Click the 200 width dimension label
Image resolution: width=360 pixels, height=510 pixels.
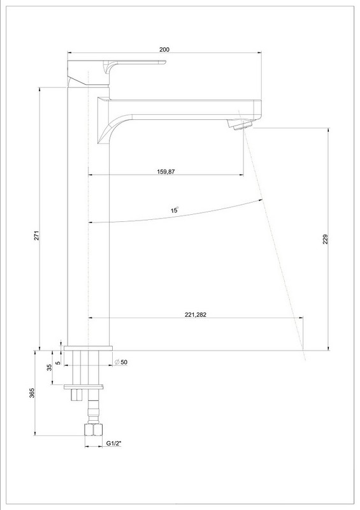[164, 50]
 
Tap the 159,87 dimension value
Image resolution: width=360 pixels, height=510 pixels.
[166, 171]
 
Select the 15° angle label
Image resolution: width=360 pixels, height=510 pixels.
[175, 210]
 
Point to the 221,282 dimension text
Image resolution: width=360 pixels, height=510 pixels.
[196, 314]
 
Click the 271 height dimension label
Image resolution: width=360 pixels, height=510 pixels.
[37, 235]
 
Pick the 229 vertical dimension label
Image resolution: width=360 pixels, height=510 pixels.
[326, 239]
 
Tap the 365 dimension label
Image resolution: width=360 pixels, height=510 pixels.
[32, 393]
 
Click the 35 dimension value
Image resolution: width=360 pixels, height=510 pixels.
[50, 367]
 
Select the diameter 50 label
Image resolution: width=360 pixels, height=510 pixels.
[121, 362]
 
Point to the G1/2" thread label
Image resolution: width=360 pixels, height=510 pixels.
[114, 443]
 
